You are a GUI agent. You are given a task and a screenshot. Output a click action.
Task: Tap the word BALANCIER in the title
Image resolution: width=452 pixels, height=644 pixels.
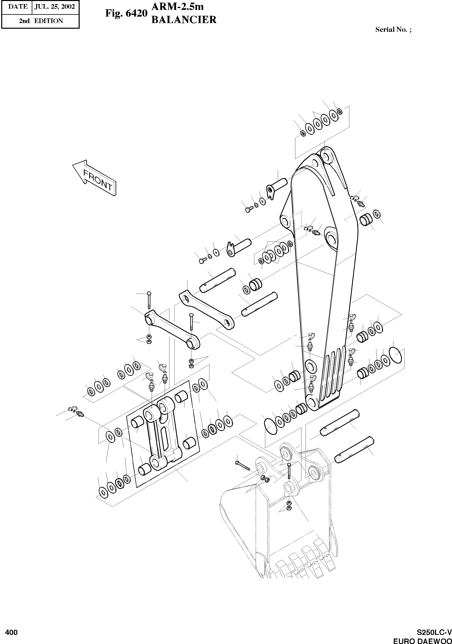(x=184, y=20)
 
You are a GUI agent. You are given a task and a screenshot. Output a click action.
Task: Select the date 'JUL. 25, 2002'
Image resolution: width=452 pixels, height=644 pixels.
(x=55, y=7)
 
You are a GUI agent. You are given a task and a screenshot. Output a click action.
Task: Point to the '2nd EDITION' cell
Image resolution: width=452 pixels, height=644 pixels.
(x=41, y=21)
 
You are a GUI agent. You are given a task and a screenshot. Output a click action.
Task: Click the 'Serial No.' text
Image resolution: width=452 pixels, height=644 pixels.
(x=393, y=30)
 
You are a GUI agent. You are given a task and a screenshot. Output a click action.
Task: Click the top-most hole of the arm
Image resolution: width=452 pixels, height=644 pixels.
(x=326, y=156)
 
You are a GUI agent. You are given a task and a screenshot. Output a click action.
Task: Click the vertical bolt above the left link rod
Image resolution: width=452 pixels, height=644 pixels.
(x=149, y=300)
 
